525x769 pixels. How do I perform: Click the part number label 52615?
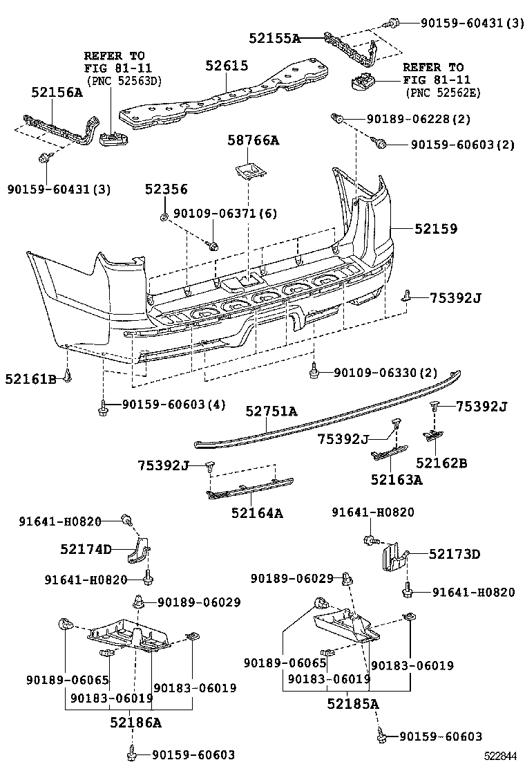[227, 66]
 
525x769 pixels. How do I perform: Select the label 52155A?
[275, 39]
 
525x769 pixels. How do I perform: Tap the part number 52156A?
[56, 92]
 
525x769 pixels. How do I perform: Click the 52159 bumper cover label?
[436, 228]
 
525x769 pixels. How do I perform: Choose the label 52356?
[166, 189]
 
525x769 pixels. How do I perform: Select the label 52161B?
[30, 378]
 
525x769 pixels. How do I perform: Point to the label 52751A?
[271, 411]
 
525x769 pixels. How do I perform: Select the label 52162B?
[441, 463]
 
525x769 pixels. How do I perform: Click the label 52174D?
[86, 549]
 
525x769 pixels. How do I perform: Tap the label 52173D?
[454, 554]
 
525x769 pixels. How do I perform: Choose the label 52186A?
[135, 723]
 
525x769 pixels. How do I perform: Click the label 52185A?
[353, 704]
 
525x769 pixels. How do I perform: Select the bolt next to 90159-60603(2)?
[380, 144]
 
